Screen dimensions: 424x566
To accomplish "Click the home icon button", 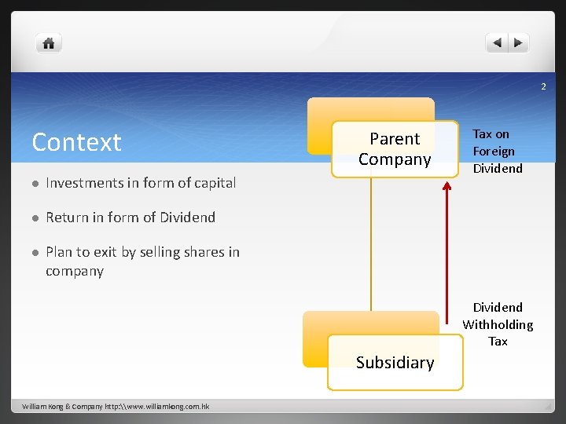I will coord(48,43).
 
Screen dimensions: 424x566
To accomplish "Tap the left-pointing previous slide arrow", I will coord(497,43).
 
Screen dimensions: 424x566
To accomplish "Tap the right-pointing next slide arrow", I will coord(518,43).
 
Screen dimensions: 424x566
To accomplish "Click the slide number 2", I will coord(542,86).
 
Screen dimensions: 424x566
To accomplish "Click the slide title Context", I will coord(76,142).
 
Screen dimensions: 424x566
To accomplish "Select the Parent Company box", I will coord(395,149).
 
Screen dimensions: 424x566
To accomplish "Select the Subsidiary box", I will coord(395,362).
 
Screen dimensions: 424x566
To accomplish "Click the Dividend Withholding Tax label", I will coord(498,324).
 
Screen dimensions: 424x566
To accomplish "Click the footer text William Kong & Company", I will coord(115,407).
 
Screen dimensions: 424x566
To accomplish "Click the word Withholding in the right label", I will coord(498,324).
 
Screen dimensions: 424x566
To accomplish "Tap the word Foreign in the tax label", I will coord(494,152).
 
